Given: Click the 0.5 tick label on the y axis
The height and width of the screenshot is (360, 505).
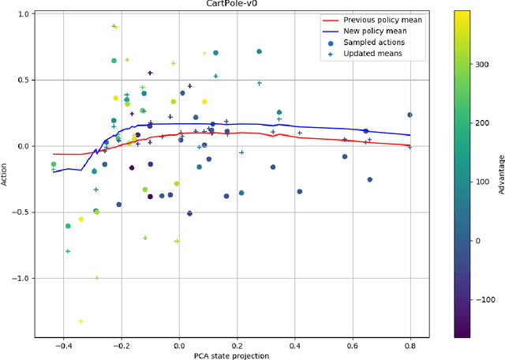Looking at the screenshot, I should click(x=24, y=80).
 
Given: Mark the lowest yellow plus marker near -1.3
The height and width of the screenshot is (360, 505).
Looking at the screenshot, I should click(x=80, y=321).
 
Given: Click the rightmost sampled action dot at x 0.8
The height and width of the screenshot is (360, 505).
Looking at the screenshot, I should click(x=410, y=114).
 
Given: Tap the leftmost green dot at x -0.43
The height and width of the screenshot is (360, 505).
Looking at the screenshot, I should click(x=54, y=164).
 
